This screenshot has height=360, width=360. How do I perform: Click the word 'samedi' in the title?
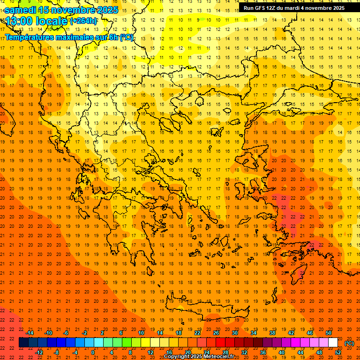click(x=20, y=10)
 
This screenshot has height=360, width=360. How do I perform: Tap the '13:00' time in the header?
click(x=20, y=21)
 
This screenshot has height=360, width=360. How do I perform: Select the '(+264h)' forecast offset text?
click(x=83, y=21)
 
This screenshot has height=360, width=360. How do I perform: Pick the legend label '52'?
click(x=338, y=352)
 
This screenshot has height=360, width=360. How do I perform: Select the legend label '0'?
click(x=92, y=352)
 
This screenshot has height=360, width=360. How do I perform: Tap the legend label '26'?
click(x=216, y=333)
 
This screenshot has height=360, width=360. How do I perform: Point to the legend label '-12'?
click(x=39, y=352)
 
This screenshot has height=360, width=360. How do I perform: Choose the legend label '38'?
click(x=272, y=333)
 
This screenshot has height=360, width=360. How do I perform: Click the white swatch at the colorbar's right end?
click(x=333, y=343)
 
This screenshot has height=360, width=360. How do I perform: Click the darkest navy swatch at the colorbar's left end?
click(x=23, y=343)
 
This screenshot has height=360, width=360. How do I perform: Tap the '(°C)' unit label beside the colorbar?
click(x=349, y=343)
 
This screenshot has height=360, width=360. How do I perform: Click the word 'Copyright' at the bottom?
click(x=178, y=357)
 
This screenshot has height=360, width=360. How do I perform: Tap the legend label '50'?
click(x=329, y=333)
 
